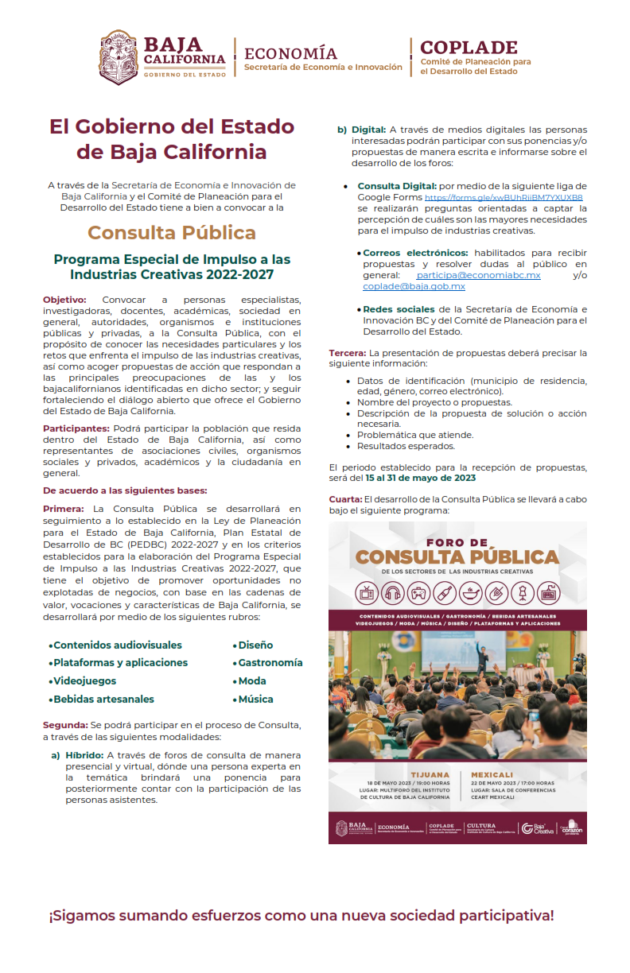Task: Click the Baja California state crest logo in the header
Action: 119,57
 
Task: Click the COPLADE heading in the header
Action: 469,48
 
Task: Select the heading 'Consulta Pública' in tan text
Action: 172,233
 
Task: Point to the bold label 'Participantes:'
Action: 76,428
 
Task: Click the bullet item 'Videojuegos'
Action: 84,681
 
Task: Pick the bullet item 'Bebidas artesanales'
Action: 103,700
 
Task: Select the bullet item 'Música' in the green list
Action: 255,700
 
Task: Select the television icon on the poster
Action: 367,594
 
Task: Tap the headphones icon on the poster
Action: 392,594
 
